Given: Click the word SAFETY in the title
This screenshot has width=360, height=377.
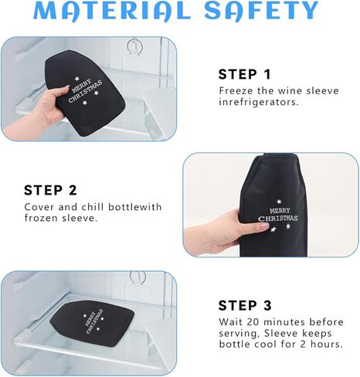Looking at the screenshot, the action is [261, 11].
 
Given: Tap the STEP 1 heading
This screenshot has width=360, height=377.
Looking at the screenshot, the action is [245, 74].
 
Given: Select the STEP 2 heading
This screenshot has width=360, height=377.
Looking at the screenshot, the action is [50, 190].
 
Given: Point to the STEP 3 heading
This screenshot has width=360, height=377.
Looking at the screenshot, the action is [245, 305].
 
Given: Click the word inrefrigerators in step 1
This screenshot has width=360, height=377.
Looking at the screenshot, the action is [259, 102].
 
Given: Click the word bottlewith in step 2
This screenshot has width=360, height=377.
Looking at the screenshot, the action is [134, 207].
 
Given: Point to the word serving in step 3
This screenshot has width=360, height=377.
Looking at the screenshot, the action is [239, 334].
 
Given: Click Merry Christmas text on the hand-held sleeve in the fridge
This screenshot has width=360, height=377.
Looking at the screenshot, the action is [85, 90].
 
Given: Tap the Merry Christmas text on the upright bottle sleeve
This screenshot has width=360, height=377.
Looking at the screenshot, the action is [278, 215].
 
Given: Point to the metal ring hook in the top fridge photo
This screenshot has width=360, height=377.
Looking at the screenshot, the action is [134, 46].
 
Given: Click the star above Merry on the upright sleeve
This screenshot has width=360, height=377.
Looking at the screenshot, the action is [278, 202].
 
